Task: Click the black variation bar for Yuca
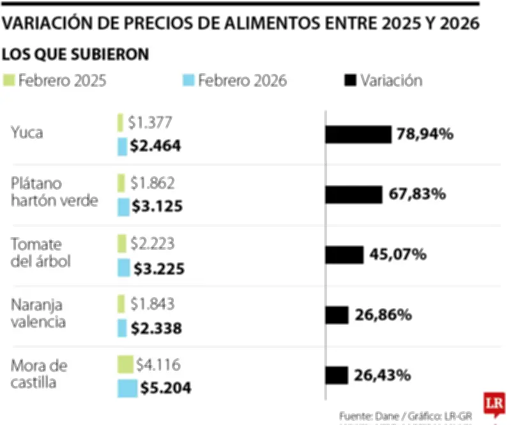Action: [358, 134]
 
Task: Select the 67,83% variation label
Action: [416, 194]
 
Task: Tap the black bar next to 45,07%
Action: [344, 255]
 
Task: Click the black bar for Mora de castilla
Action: [337, 375]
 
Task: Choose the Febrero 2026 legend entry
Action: [236, 81]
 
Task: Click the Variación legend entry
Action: [384, 81]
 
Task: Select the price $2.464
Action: [155, 146]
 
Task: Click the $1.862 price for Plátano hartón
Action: [152, 183]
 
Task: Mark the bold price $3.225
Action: [158, 269]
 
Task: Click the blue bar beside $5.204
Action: [127, 389]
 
